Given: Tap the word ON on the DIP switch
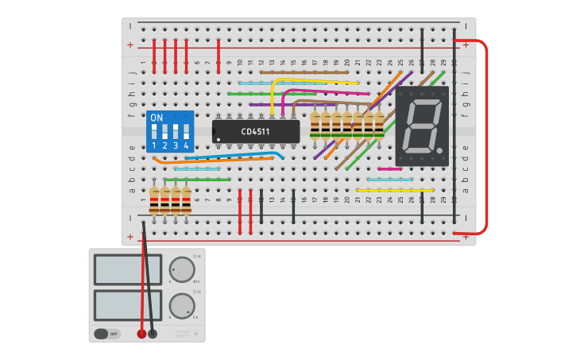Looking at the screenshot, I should [157, 118].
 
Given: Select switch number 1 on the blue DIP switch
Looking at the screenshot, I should [155, 131].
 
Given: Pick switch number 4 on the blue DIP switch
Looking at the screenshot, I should [187, 131].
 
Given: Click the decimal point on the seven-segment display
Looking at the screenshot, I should [439, 150].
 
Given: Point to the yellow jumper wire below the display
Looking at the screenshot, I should [395, 191].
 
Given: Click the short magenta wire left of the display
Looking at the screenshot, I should [389, 169].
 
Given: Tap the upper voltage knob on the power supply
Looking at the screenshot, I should [182, 270].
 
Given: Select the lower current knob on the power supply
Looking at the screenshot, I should [182, 305].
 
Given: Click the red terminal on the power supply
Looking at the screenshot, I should [142, 334].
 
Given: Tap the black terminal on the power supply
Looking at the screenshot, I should [153, 334].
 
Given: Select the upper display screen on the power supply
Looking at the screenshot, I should [127, 269].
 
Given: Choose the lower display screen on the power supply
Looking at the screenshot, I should [127, 305].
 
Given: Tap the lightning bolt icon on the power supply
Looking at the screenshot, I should [196, 334].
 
